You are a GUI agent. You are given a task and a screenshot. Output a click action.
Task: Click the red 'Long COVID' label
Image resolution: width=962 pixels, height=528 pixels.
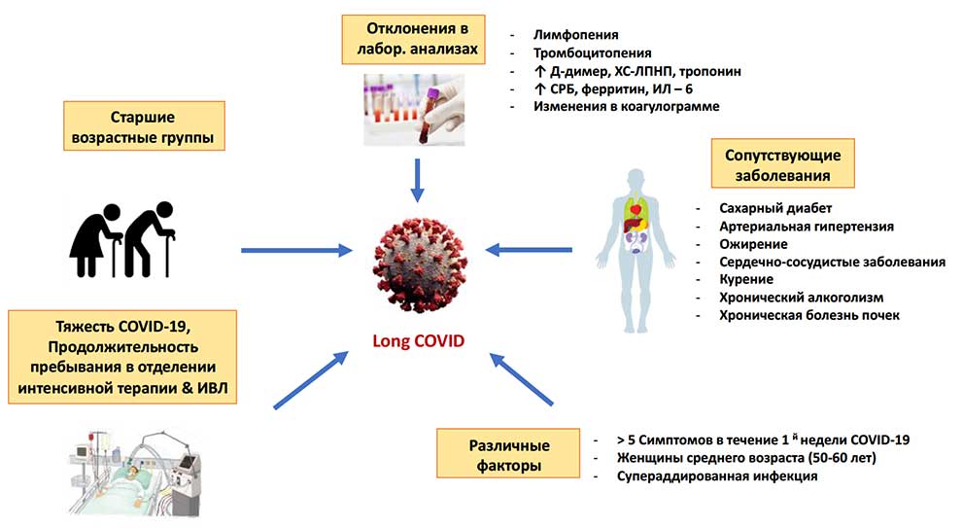[x=419, y=340]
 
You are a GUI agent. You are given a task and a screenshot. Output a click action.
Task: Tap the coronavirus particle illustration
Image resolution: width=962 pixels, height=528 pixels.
[x=420, y=264]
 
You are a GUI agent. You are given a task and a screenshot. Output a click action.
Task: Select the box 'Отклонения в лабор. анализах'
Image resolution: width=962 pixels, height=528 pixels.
[x=414, y=39]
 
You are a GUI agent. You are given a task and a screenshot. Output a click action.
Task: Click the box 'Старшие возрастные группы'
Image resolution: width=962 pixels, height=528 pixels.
[x=144, y=125]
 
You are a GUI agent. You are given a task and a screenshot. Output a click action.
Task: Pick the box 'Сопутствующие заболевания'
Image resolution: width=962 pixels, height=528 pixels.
[x=783, y=163]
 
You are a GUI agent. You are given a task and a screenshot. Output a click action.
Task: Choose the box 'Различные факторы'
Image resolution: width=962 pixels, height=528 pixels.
[x=508, y=453]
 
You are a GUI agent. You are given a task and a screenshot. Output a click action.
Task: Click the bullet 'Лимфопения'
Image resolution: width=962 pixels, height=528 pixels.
[x=575, y=35]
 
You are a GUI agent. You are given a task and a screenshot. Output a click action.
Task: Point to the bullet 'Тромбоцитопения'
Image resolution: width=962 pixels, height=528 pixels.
[x=592, y=53]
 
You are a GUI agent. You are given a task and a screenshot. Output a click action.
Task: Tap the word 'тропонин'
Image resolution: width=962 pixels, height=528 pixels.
[x=710, y=71]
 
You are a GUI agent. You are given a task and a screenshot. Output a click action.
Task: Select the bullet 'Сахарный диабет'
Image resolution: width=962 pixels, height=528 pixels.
[x=775, y=208]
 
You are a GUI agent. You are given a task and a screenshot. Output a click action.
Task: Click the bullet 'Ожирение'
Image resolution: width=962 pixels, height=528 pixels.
[x=753, y=244]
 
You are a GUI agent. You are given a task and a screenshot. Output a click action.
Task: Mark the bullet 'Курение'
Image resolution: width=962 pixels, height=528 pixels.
[x=746, y=279]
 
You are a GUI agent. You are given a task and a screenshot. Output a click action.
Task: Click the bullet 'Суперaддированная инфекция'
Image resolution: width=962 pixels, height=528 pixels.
[x=717, y=476]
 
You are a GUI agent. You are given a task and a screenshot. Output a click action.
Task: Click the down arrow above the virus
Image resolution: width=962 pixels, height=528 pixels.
[x=417, y=181]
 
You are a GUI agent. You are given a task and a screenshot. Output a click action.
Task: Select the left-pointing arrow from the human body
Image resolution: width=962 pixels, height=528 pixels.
[x=529, y=250]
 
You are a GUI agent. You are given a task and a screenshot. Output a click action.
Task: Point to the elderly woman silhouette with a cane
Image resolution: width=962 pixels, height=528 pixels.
[x=95, y=241]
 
